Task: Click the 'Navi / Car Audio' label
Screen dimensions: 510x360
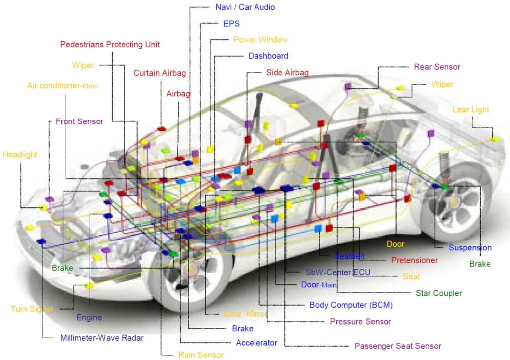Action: point(245,7)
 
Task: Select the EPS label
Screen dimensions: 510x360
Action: point(231,24)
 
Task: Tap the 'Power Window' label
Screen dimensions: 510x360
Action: point(260,40)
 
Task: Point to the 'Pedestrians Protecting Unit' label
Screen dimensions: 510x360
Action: point(110,44)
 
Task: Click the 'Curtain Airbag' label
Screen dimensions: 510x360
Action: point(160,73)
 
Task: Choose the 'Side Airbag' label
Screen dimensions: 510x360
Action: point(287,72)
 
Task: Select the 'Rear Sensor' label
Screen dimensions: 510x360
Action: point(437,67)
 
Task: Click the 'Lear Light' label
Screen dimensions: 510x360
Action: point(471,109)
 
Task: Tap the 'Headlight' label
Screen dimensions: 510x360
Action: point(20,154)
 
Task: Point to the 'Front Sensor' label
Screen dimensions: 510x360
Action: point(79,121)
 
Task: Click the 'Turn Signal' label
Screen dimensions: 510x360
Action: point(32,309)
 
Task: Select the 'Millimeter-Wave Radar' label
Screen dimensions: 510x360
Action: point(102,338)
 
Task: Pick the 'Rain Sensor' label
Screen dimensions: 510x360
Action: point(201,355)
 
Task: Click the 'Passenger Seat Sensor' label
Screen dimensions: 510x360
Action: point(397,346)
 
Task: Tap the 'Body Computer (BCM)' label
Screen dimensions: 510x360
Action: point(351,305)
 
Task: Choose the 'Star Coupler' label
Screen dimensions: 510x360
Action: point(439,293)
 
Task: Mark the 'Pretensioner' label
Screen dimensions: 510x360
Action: point(414,260)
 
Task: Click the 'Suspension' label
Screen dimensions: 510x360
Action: point(470,248)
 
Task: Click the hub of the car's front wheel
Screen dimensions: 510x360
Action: point(191,268)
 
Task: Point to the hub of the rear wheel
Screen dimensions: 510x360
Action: point(454,202)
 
